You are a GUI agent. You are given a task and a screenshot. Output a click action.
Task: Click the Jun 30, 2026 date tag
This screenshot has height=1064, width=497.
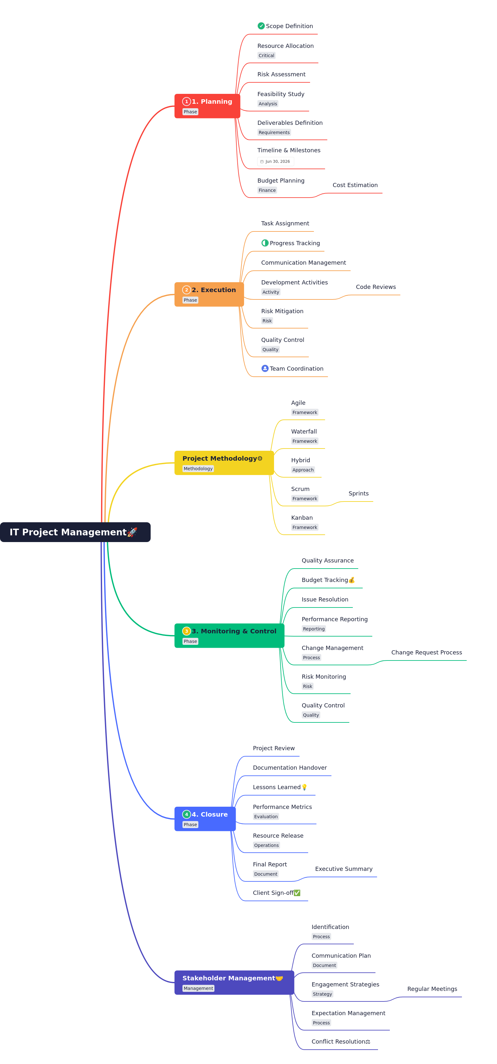click(275, 162)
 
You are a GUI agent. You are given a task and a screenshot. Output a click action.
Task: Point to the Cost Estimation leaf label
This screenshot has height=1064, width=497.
click(355, 185)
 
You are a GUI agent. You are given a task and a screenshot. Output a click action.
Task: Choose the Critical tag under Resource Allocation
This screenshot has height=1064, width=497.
click(266, 55)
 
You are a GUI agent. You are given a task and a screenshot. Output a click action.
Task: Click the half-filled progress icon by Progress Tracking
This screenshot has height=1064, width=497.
click(265, 243)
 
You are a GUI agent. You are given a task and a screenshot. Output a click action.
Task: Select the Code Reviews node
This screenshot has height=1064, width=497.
click(376, 287)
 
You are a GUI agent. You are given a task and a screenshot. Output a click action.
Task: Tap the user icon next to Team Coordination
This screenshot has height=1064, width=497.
click(265, 368)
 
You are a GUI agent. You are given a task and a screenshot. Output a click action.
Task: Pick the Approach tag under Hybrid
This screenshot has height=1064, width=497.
click(303, 470)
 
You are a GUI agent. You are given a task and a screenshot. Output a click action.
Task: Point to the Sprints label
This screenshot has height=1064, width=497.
click(358, 493)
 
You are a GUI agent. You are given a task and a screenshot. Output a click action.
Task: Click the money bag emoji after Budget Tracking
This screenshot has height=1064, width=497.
click(352, 580)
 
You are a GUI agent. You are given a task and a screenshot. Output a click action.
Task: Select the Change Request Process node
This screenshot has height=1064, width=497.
click(427, 652)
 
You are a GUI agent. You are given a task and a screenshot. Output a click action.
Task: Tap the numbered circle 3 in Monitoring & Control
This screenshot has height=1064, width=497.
click(187, 631)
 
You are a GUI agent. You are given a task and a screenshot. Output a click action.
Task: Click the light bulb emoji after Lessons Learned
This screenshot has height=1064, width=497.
click(304, 787)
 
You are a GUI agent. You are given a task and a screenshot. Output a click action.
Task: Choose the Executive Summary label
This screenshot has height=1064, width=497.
click(344, 869)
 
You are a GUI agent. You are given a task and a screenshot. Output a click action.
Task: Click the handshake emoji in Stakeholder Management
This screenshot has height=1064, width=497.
click(279, 978)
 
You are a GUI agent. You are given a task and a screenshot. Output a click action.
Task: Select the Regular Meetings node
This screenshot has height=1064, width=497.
click(432, 989)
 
